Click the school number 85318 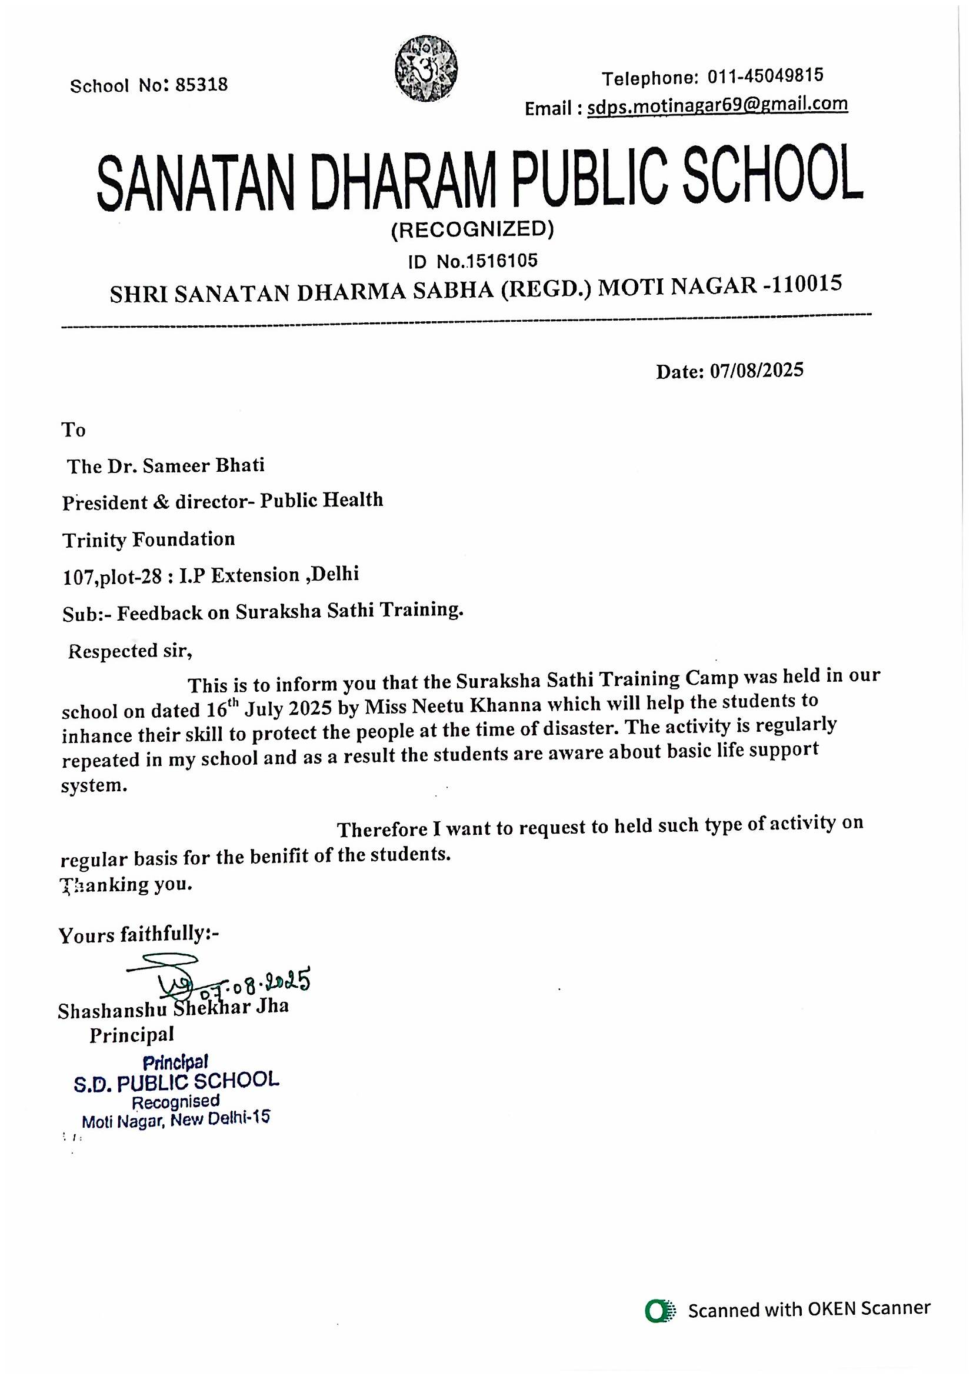[x=201, y=85]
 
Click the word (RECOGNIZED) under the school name [x=472, y=229]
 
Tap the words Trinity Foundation [x=149, y=539]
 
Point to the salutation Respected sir [x=130, y=651]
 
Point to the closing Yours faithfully [x=139, y=934]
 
